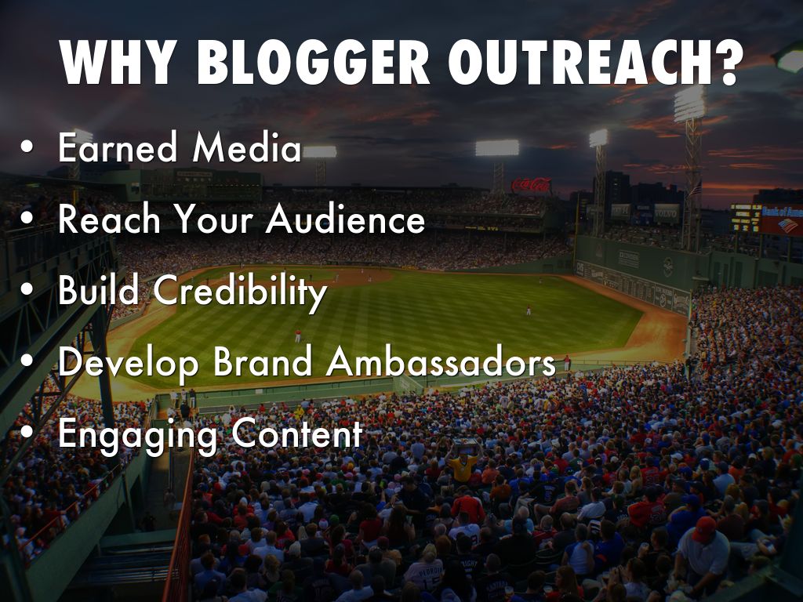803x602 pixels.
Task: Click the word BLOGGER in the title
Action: pos(314,62)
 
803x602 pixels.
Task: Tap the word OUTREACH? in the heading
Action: pos(596,62)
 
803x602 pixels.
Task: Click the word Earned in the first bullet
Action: pos(118,147)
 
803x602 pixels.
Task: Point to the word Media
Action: pos(247,147)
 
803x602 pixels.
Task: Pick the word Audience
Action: pos(346,219)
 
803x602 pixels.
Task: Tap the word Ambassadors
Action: pos(441,361)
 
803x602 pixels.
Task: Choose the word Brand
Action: pos(263,361)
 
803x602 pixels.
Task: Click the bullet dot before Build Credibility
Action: pos(27,289)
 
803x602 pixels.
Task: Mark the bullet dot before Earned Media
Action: pos(27,147)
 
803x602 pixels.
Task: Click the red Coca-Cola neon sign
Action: pos(532,185)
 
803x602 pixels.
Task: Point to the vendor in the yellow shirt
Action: pos(463,466)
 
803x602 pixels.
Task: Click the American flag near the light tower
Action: pos(695,188)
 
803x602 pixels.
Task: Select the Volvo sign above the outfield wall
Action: pos(667,214)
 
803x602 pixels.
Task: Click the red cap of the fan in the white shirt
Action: pos(704,529)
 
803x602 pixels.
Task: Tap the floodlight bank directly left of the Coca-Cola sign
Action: pos(496,148)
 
